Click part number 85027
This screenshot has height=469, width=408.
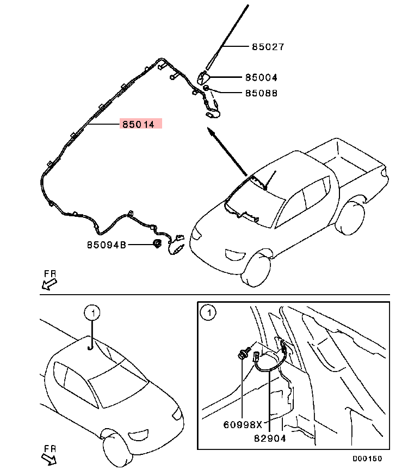[x=268, y=47]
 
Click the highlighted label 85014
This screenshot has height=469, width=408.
[x=138, y=124]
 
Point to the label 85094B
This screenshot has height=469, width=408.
[x=107, y=245]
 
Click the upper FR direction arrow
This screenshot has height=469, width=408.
[x=49, y=283]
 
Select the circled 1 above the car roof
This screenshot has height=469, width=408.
[x=93, y=313]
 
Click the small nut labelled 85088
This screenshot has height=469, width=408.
[x=207, y=88]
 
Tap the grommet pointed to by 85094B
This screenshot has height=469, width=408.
[x=158, y=245]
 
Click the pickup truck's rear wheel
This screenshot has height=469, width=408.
[x=350, y=218]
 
